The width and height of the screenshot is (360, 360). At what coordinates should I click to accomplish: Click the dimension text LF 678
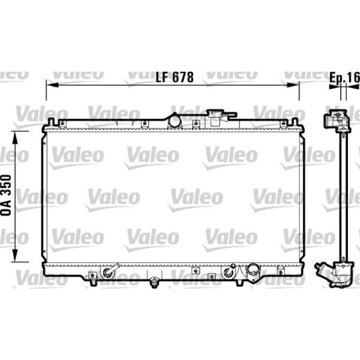tap(175, 77)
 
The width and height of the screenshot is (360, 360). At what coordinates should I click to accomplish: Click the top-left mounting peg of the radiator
tap(51, 121)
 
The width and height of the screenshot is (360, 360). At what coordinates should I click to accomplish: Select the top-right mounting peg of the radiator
tap(294, 121)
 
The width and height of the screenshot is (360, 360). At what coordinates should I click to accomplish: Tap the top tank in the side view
tap(337, 121)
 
